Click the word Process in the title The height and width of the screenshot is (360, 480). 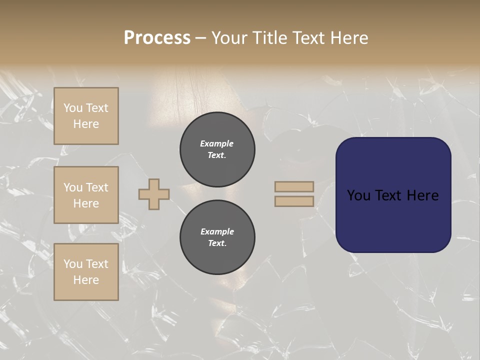(x=157, y=38)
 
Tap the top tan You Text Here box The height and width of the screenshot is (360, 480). (x=86, y=116)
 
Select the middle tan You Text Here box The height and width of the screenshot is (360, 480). (x=86, y=195)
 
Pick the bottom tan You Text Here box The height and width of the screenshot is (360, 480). (x=86, y=272)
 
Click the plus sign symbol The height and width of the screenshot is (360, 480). (x=154, y=194)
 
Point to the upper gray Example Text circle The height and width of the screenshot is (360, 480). (x=217, y=149)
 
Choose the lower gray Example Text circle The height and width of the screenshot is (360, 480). (x=217, y=237)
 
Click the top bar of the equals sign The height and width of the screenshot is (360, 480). (x=294, y=186)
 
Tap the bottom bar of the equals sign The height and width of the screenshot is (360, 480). (x=294, y=201)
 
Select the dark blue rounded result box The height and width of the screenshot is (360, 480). (x=393, y=220)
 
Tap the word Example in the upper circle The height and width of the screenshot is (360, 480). (x=217, y=143)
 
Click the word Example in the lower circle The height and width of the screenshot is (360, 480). (x=217, y=231)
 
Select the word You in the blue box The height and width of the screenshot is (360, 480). (x=358, y=195)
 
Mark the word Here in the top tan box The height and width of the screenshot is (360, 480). (x=86, y=124)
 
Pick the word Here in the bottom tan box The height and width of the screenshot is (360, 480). (x=86, y=280)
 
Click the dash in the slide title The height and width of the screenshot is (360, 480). (x=200, y=38)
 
